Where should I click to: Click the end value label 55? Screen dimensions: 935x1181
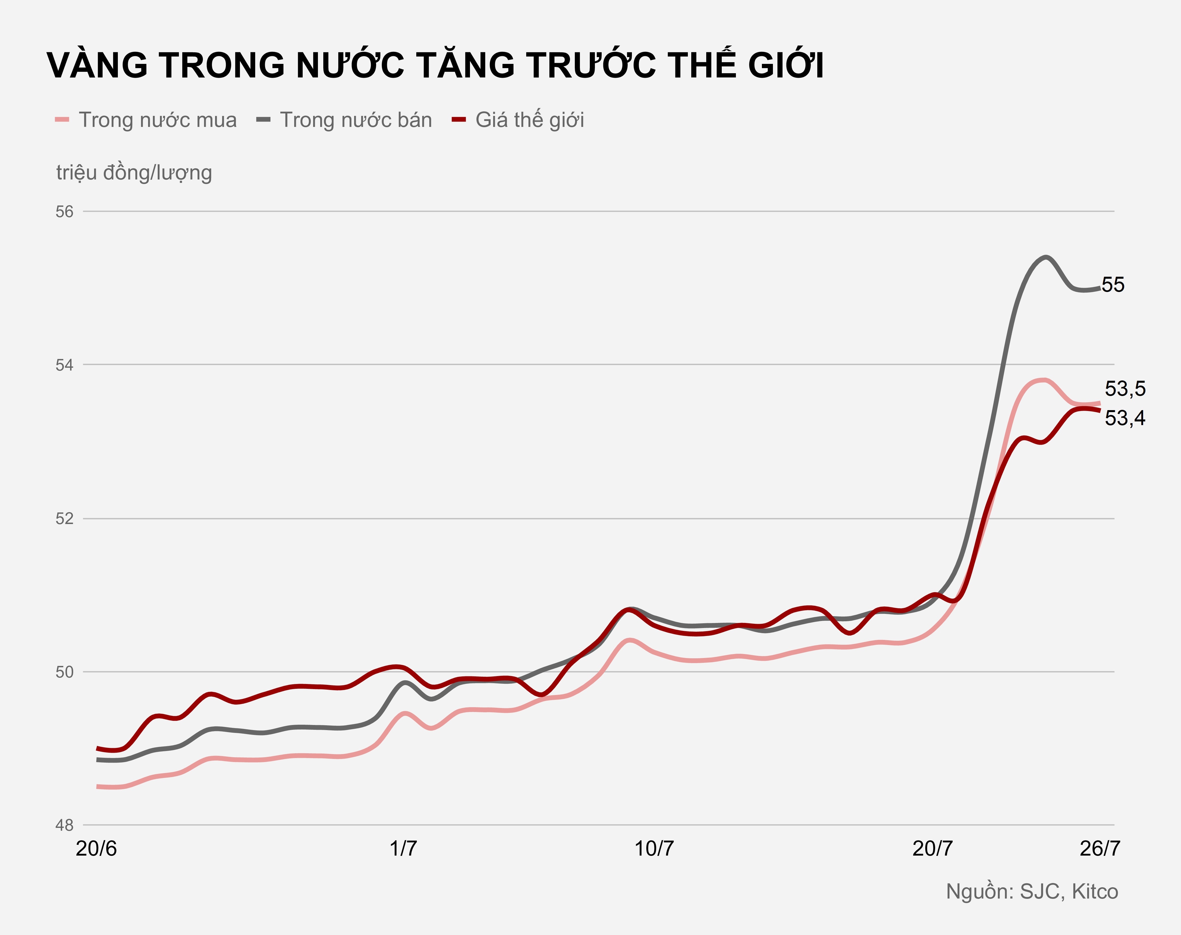click(x=1113, y=285)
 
